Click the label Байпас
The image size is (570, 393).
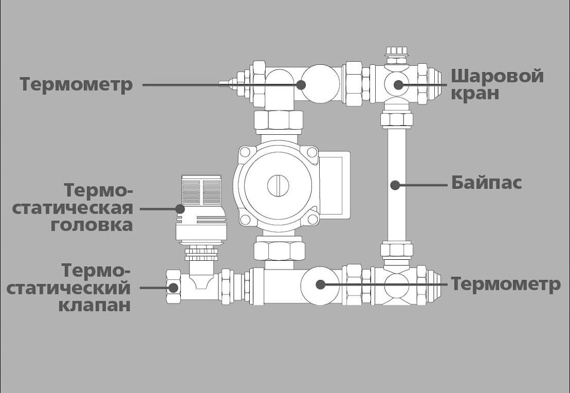click(x=486, y=183)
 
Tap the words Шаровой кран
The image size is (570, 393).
click(x=496, y=85)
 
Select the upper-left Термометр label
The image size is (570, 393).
click(x=76, y=85)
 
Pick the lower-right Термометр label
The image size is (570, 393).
click(x=505, y=284)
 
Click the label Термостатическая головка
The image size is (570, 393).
click(x=73, y=208)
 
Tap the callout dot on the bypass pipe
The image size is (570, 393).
click(x=395, y=184)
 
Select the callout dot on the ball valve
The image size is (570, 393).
click(x=398, y=84)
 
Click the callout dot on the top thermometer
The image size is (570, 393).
click(x=302, y=84)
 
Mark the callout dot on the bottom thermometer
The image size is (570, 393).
click(x=321, y=284)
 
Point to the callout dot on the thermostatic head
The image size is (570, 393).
click(x=180, y=208)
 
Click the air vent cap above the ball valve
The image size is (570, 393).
click(x=396, y=52)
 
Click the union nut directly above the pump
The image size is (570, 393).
click(x=278, y=121)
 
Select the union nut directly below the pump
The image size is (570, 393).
click(x=278, y=250)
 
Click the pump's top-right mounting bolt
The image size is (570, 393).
click(x=310, y=152)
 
